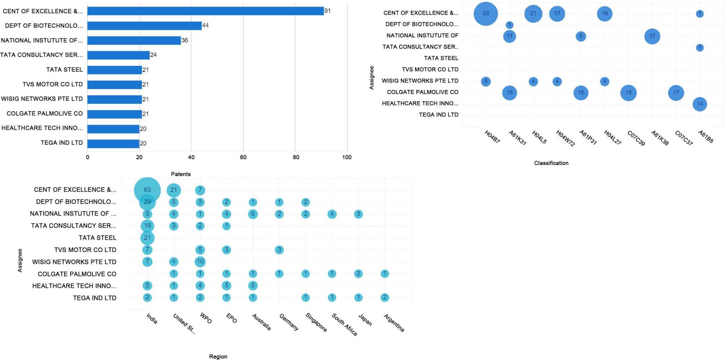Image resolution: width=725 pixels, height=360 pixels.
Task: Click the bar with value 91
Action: (205, 11)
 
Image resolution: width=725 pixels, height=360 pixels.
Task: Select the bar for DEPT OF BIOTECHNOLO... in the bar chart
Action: (144, 26)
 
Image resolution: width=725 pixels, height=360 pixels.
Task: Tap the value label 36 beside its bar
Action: (185, 40)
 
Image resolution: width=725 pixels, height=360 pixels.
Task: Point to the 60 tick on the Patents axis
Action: (243, 157)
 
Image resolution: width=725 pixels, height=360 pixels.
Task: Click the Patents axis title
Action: (181, 174)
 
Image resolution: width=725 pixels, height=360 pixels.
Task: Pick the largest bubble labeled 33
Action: (486, 13)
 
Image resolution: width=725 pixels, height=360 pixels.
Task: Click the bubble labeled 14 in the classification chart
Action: (700, 104)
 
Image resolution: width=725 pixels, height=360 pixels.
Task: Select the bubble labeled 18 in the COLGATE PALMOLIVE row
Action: (628, 93)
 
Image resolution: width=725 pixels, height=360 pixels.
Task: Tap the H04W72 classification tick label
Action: (565, 138)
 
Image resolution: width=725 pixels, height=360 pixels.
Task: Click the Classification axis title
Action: (551, 163)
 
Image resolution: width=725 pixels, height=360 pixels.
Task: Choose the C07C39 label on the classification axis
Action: (636, 138)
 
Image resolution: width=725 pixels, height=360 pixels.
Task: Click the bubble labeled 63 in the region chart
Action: (147, 190)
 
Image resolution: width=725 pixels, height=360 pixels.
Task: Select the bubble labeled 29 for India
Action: (147, 202)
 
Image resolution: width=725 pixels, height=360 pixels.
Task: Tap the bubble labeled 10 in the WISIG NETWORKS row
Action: (200, 261)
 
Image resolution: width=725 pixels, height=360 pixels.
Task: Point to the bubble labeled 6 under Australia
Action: (253, 214)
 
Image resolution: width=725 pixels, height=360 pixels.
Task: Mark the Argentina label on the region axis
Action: (394, 323)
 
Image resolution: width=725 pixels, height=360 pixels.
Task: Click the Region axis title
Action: (218, 357)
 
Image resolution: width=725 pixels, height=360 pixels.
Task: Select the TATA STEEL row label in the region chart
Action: (97, 238)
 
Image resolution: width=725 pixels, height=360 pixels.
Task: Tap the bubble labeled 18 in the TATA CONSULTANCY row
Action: (147, 226)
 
